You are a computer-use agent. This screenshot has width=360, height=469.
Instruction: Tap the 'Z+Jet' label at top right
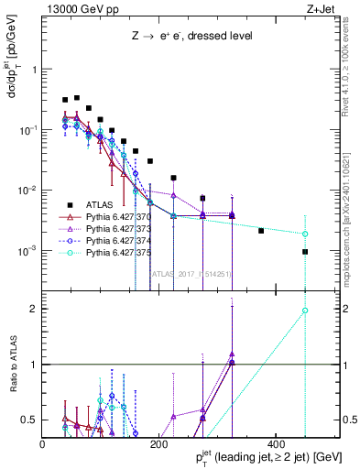320,10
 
